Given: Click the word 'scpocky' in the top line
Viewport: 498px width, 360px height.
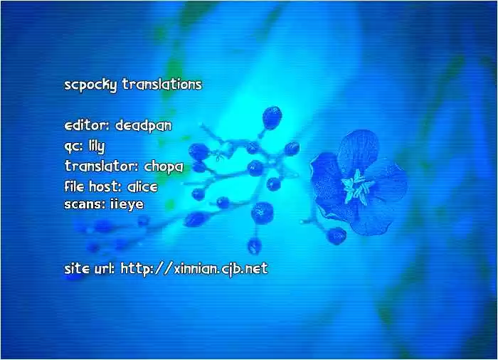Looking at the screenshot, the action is (x=90, y=85).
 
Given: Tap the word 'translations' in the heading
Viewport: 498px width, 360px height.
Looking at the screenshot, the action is (x=162, y=84).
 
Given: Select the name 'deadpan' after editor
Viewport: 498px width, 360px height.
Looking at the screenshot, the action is (x=143, y=125).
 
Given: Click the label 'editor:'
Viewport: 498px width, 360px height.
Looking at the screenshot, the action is (x=87, y=125).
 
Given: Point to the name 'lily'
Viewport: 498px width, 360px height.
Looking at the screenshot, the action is (x=97, y=146).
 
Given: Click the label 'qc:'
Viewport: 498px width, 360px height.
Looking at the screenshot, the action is (x=73, y=147).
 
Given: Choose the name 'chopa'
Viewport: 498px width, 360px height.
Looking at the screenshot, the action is (x=164, y=166).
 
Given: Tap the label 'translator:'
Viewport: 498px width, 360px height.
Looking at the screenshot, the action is (x=101, y=166).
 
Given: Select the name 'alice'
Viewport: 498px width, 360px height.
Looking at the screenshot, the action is (x=142, y=186).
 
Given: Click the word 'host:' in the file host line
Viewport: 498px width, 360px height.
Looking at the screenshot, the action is (x=105, y=186).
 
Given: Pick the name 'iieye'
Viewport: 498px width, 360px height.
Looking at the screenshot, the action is (x=127, y=204).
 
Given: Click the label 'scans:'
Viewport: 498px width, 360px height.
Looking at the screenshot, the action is (x=85, y=204).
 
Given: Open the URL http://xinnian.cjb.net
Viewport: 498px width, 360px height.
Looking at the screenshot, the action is (x=194, y=269).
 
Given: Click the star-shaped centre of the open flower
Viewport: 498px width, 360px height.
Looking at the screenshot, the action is (x=358, y=186).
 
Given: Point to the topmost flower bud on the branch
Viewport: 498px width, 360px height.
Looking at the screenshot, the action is (x=272, y=117).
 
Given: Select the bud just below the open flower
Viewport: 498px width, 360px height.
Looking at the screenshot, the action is (x=337, y=235).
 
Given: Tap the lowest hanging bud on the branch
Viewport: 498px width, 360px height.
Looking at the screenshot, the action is (x=255, y=245).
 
